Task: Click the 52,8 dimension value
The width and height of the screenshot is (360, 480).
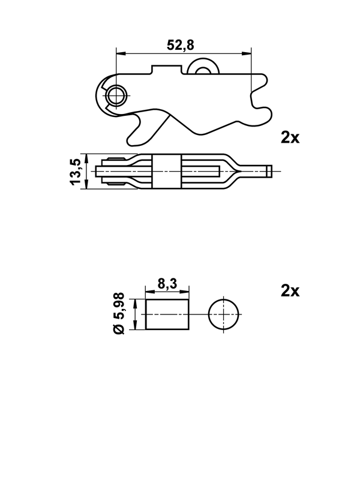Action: point(181,45)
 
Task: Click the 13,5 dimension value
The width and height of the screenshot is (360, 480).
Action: point(76,172)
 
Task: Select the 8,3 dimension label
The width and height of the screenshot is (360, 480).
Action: point(167,284)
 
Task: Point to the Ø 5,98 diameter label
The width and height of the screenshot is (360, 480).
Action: point(119,313)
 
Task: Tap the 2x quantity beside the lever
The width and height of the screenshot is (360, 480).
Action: point(290,138)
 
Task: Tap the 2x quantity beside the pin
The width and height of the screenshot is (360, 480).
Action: point(290,291)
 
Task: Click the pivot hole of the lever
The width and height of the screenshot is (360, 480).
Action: point(116,95)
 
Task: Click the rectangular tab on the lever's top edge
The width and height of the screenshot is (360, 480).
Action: point(167,69)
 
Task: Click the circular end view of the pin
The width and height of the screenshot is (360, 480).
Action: point(224,314)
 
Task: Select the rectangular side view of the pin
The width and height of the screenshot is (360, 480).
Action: point(167,314)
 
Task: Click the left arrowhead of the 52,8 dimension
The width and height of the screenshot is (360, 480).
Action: point(121,54)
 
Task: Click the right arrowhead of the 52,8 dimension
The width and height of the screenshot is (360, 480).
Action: point(247,54)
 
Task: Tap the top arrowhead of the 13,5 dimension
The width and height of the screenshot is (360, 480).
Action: point(86,159)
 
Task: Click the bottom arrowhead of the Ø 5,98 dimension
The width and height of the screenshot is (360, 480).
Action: point(135,325)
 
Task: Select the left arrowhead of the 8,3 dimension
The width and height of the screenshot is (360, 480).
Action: point(151,292)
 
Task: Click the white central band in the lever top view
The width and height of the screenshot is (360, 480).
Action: point(167,172)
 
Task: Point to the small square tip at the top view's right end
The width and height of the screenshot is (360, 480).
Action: point(269,171)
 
